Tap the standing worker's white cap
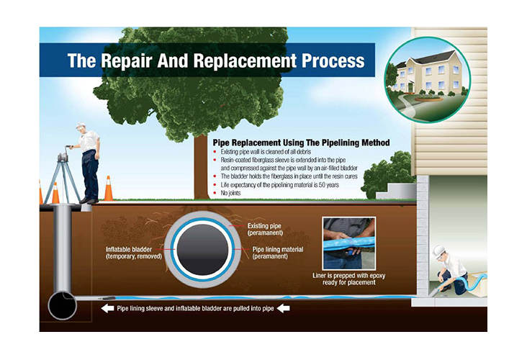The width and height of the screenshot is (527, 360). (x=81, y=125)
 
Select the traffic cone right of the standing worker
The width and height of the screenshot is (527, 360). (x=109, y=188)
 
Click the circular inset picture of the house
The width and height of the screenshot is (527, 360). (x=428, y=80)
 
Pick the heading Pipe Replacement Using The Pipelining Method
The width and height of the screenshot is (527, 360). (x=302, y=143)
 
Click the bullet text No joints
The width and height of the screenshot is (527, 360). (x=230, y=193)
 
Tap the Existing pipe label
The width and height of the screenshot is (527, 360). (x=264, y=229)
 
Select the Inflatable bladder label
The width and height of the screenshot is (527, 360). (x=134, y=253)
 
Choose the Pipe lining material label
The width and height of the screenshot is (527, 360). (x=278, y=253)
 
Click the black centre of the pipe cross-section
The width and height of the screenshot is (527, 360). (x=203, y=249)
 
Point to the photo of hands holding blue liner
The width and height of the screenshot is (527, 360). (x=349, y=243)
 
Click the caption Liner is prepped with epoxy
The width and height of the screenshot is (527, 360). (x=349, y=276)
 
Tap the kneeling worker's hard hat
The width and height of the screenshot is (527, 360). (x=438, y=251)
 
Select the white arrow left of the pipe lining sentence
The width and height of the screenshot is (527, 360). (x=107, y=308)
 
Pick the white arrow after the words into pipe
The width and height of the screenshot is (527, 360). (x=284, y=308)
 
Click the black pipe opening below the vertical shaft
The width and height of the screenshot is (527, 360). (x=62, y=305)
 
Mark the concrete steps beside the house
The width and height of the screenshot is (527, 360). (x=396, y=192)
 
